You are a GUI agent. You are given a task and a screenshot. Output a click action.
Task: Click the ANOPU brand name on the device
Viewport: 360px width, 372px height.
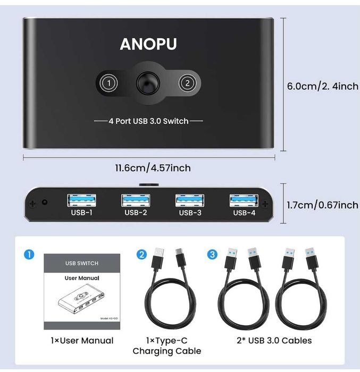148,44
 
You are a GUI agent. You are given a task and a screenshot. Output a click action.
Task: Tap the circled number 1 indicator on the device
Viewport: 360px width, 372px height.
108,83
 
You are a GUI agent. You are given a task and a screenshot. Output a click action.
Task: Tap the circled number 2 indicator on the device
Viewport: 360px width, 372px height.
187,83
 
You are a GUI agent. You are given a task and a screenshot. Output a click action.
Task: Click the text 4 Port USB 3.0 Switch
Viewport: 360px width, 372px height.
148,121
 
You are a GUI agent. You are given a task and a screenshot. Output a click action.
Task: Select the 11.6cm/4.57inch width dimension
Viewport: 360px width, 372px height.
153,168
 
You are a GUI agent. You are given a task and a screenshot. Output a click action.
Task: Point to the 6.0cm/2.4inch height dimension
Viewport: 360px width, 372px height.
322,86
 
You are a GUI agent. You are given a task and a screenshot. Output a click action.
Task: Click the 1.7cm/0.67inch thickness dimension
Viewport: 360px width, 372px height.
322,205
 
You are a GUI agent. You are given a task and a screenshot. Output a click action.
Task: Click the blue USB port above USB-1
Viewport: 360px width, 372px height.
81,200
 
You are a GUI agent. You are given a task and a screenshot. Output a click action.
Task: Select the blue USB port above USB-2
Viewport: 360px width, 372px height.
136,200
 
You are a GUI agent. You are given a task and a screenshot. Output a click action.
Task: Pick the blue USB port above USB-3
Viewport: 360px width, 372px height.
190,200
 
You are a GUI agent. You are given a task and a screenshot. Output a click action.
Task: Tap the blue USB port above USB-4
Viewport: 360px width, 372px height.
244,200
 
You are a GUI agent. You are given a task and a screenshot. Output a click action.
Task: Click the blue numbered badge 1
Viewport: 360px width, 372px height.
29,255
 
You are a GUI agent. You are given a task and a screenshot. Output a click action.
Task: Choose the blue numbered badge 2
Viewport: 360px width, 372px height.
141,255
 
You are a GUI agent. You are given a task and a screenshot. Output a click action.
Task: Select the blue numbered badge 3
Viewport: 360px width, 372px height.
213,255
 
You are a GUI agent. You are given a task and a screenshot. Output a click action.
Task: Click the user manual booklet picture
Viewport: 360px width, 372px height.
81,291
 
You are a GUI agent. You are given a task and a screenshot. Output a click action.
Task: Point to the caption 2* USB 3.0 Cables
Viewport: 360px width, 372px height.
273,340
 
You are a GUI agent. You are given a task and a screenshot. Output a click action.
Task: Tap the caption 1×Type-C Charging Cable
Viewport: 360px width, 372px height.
166,345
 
